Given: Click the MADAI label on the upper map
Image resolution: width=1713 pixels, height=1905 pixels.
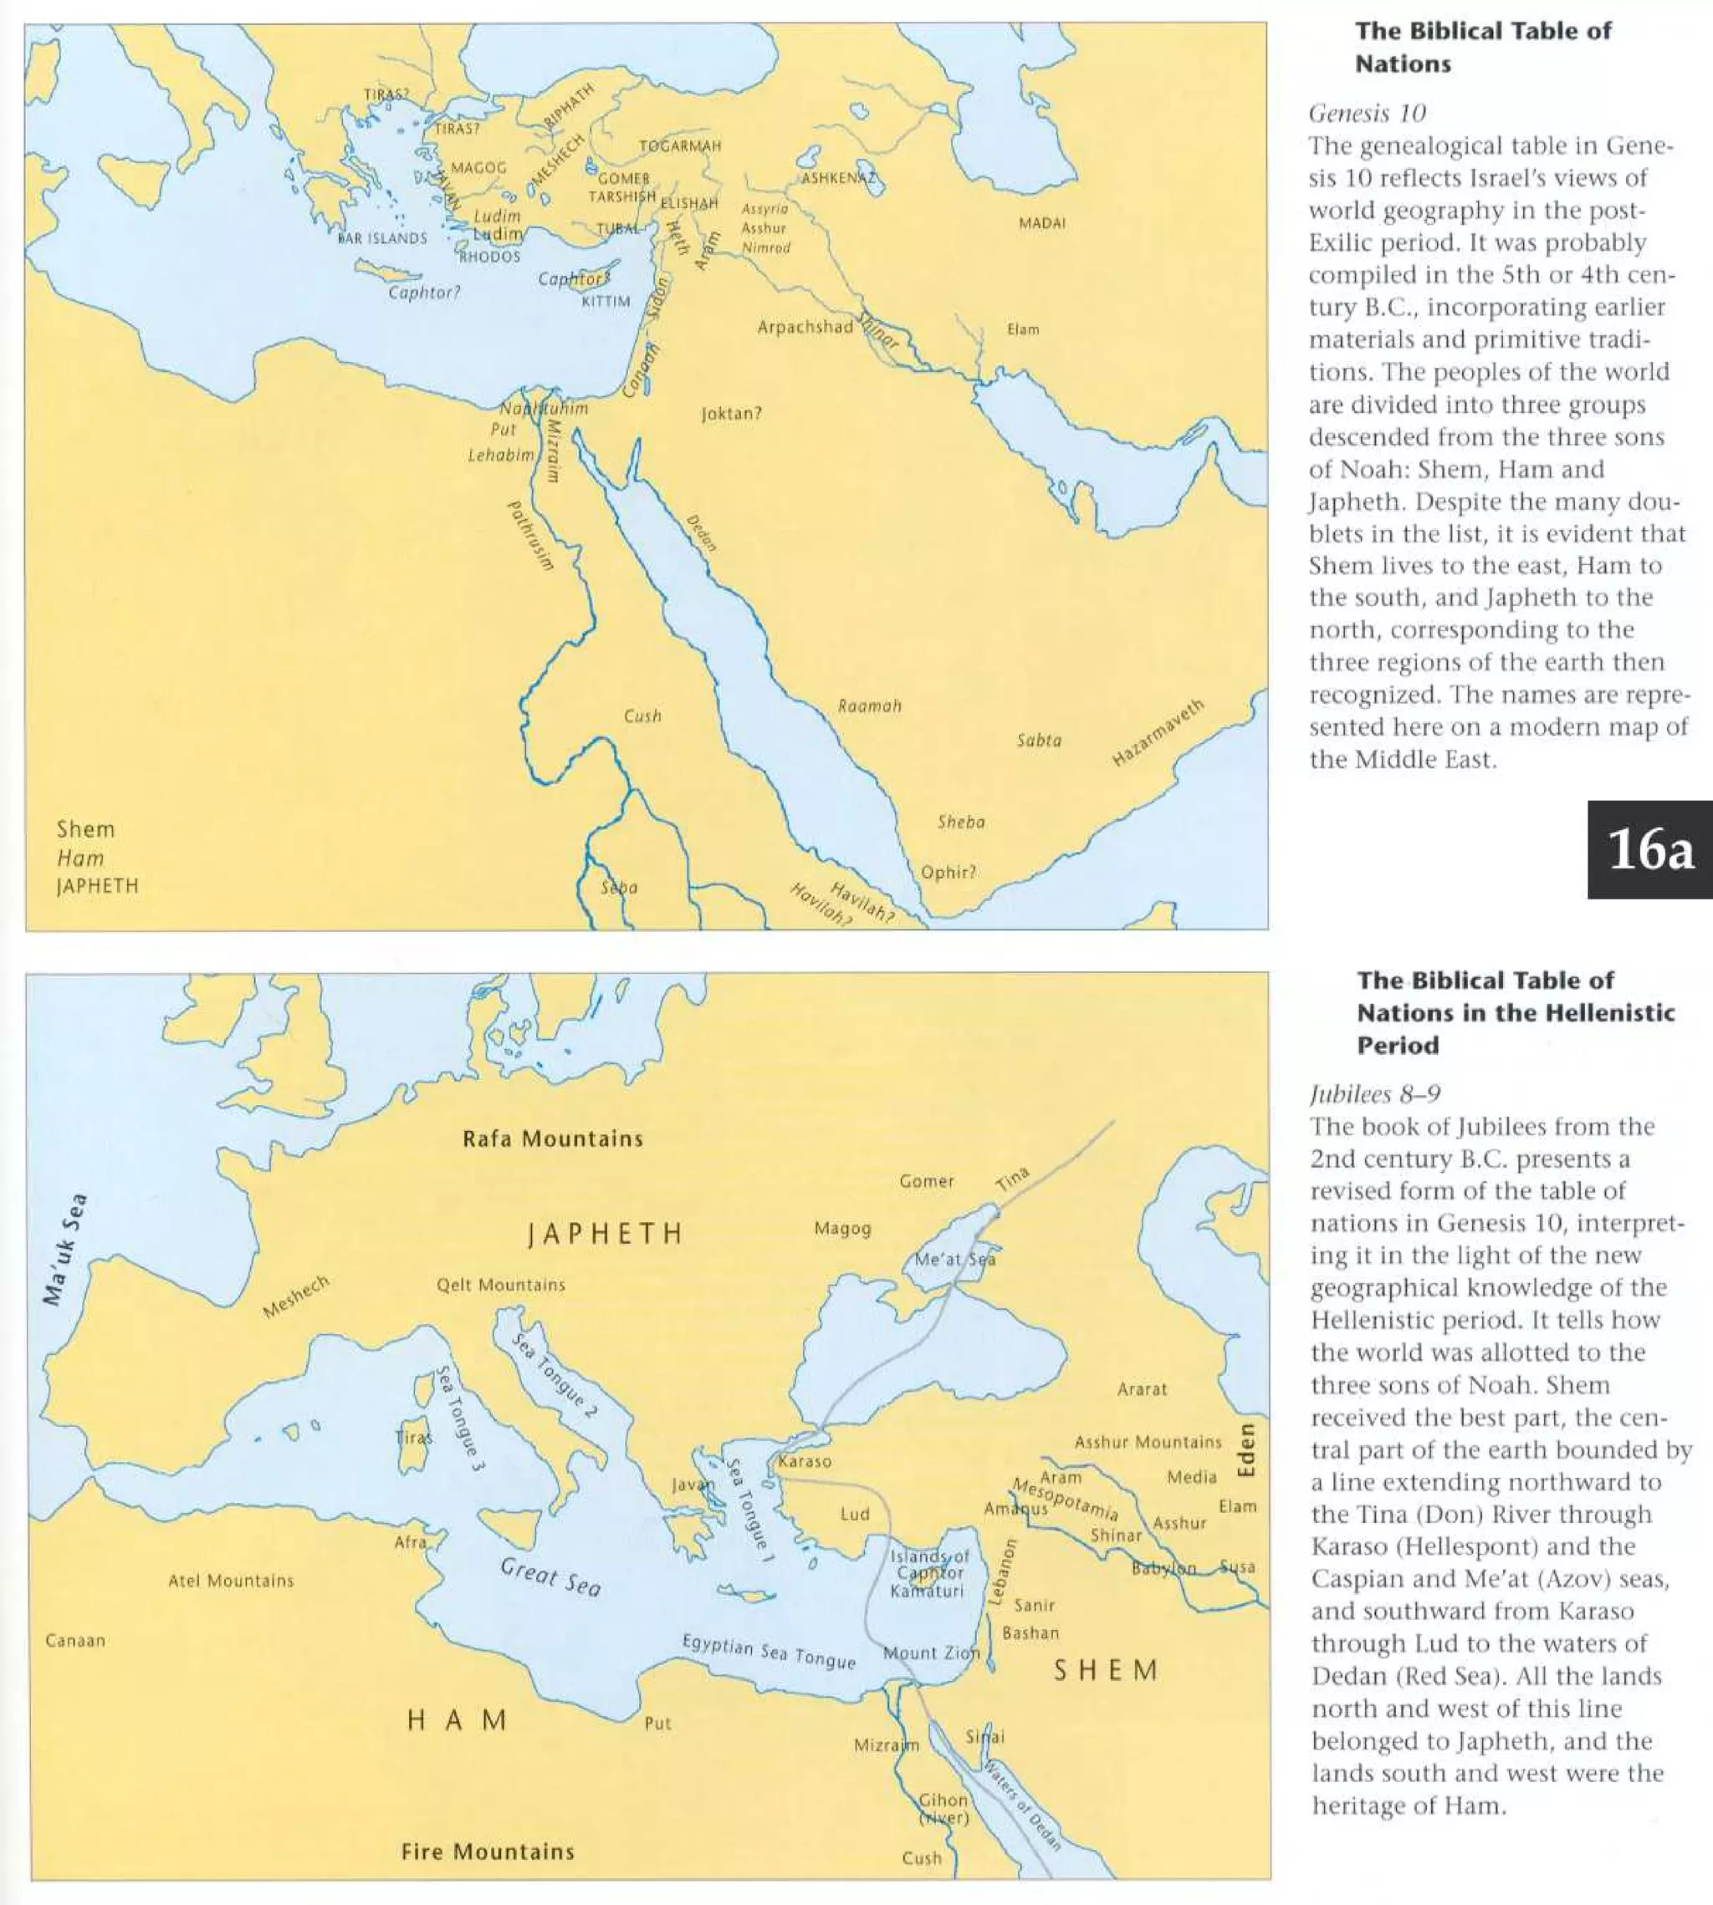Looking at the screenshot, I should pyautogui.click(x=1042, y=223).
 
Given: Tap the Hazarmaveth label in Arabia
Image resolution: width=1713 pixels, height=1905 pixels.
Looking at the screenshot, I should pyautogui.click(x=1158, y=733).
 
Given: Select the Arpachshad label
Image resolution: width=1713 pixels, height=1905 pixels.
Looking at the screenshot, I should pyautogui.click(x=805, y=328).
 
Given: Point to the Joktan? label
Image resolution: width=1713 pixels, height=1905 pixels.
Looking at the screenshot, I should pyautogui.click(x=731, y=413).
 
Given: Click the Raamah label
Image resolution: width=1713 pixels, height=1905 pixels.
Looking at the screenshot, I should pyautogui.click(x=870, y=705).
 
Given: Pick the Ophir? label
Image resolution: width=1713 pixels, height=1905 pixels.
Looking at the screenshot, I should pyautogui.click(x=948, y=872).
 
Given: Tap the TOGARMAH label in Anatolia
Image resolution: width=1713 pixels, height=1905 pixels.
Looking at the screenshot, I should pyautogui.click(x=679, y=145).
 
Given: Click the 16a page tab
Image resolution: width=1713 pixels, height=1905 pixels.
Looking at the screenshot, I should pyautogui.click(x=1650, y=849).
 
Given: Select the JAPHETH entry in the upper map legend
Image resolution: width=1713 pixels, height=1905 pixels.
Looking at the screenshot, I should pyautogui.click(x=97, y=886).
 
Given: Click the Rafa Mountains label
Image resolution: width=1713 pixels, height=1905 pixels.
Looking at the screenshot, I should pyautogui.click(x=553, y=1139).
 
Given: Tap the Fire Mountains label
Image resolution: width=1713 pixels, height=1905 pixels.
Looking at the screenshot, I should pyautogui.click(x=488, y=1852).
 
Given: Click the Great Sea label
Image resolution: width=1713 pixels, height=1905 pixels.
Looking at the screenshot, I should pyautogui.click(x=550, y=1577).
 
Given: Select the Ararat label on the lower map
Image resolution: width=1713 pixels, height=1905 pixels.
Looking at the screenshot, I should pyautogui.click(x=1142, y=1388).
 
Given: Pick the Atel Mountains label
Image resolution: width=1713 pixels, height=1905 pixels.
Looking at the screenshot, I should pyautogui.click(x=231, y=1581).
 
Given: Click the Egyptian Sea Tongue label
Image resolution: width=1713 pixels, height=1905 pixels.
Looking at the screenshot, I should pyautogui.click(x=769, y=1653).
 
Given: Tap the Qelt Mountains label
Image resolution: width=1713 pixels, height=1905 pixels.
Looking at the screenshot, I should pyautogui.click(x=501, y=1285).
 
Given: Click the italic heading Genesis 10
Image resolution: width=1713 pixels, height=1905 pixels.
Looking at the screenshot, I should pyautogui.click(x=1367, y=113).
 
